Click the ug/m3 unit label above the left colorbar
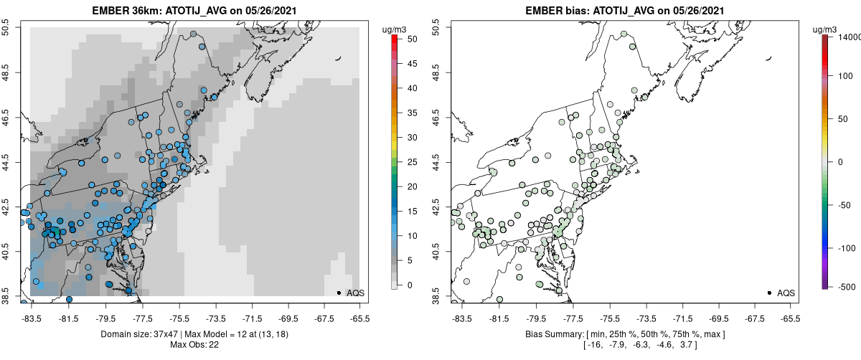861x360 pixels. [394, 29]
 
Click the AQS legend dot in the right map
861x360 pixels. [769, 293]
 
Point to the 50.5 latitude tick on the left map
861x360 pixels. [8, 27]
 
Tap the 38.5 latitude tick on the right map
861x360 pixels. [439, 296]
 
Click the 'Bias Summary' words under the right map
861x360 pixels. [556, 334]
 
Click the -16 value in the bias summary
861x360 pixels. [594, 345]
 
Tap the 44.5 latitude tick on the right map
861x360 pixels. [439, 162]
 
